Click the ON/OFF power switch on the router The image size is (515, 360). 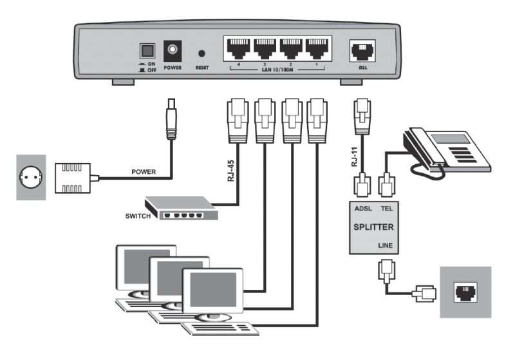[147, 50]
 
